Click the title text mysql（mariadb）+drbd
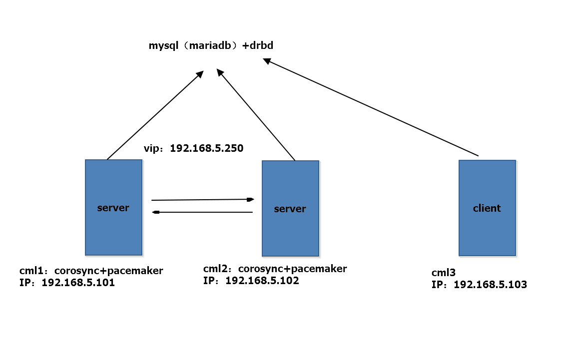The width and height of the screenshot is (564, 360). click(x=211, y=46)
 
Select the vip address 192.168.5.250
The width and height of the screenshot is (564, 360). click(x=207, y=148)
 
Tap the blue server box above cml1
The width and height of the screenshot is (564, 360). click(x=113, y=220)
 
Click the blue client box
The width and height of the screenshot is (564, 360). click(x=487, y=225)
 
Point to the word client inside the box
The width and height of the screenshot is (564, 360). click(x=487, y=208)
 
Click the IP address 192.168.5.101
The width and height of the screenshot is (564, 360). click(x=78, y=283)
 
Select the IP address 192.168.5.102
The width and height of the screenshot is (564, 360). click(x=262, y=281)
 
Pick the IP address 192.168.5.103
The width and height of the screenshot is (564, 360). click(x=490, y=285)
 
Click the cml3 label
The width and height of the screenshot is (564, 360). click(x=444, y=273)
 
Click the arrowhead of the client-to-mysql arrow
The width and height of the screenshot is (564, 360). click(x=267, y=61)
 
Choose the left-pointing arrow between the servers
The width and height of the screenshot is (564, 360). click(x=202, y=213)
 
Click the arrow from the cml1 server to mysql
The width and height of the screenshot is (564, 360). click(x=155, y=115)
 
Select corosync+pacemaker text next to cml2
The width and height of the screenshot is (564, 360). click(x=292, y=269)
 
